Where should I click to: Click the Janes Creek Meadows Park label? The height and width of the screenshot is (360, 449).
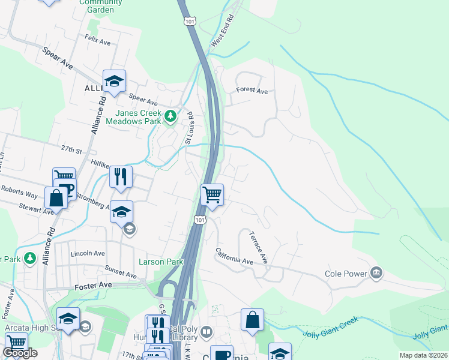(133, 117)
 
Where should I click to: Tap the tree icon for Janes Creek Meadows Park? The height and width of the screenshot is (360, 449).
(170, 115)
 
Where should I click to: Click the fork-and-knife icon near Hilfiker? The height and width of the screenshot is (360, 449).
(121, 176)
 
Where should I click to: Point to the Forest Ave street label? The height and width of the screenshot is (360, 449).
(252, 91)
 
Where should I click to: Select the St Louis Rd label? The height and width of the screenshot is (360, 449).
(190, 128)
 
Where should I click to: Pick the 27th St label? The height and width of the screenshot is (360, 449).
(70, 149)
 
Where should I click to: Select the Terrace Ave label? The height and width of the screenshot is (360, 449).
(258, 248)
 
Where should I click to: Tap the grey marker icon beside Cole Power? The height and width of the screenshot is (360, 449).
(376, 274)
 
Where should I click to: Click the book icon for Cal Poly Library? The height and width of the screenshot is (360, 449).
(206, 332)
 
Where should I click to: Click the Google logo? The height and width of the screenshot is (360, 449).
(20, 353)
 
